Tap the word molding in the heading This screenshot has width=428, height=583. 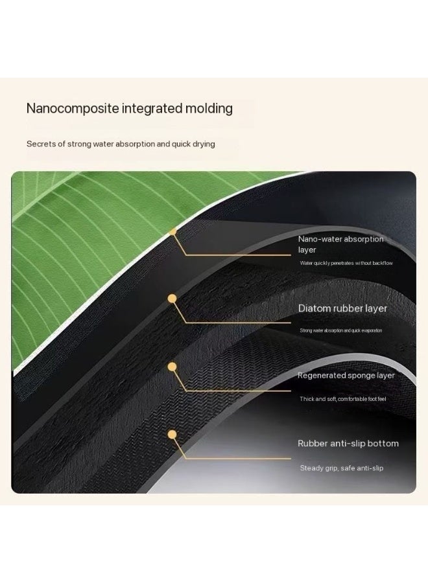[209, 108]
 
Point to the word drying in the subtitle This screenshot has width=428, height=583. [204, 144]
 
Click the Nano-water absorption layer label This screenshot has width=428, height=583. [340, 244]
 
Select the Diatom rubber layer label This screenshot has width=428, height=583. [342, 308]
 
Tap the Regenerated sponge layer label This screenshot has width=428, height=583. [346, 376]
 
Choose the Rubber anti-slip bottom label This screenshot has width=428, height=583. [348, 443]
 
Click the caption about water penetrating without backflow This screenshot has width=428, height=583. [346, 263]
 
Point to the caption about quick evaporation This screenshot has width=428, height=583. [341, 330]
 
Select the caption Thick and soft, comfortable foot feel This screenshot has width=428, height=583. [343, 399]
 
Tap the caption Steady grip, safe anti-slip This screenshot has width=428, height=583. [342, 468]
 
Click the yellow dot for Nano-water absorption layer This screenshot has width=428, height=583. [172, 232]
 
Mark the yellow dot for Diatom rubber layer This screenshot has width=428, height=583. [172, 299]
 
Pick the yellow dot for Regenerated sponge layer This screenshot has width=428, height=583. [172, 367]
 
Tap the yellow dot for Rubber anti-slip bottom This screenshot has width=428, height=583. [172, 435]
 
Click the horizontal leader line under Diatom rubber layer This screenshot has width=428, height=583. [238, 323]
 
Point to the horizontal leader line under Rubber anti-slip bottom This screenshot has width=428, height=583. [238, 459]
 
